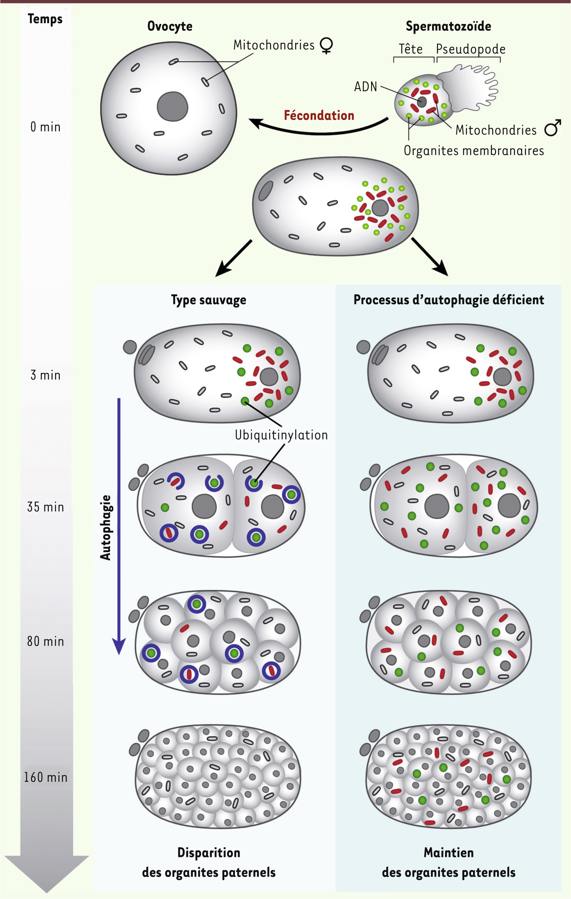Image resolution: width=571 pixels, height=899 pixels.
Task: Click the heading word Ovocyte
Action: (170, 26)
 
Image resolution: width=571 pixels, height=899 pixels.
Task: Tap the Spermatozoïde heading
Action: (448, 26)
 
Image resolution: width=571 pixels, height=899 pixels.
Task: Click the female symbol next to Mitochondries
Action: (327, 46)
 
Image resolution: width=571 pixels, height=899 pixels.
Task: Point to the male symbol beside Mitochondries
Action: (553, 127)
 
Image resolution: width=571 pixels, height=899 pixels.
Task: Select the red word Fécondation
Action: (319, 115)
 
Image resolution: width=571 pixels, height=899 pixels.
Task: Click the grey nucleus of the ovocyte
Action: (172, 107)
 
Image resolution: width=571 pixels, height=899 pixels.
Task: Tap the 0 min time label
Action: (45, 127)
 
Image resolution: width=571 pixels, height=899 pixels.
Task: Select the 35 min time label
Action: (45, 507)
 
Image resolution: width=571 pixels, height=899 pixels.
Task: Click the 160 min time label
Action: (45, 777)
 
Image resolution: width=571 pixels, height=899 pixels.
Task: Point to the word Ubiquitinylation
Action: (281, 435)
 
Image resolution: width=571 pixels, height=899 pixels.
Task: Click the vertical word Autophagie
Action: (105, 527)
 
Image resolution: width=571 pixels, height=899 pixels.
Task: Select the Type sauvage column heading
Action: (209, 300)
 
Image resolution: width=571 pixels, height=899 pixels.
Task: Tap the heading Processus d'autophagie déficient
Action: (449, 300)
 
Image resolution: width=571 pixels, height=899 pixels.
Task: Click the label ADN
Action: (366, 87)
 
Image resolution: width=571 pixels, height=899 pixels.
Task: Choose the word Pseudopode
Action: (471, 49)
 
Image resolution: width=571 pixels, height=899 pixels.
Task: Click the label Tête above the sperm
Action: (411, 49)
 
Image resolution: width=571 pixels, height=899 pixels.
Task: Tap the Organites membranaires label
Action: (474, 151)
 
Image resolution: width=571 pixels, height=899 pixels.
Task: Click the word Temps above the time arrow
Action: (45, 19)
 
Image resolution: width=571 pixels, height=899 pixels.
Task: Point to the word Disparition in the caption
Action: (209, 853)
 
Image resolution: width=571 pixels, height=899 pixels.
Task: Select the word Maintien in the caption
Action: (449, 853)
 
